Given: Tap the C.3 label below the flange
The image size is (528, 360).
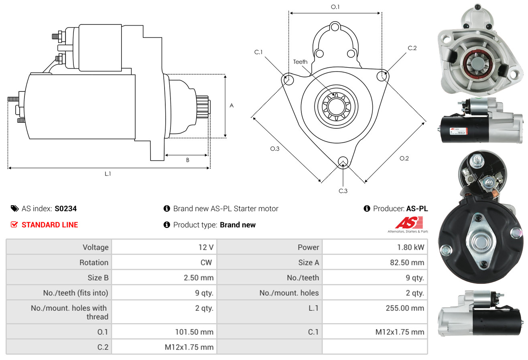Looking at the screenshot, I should click(343, 191).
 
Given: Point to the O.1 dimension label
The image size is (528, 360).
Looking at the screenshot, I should click(335, 7).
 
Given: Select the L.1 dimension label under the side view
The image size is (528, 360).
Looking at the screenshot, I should click(108, 174).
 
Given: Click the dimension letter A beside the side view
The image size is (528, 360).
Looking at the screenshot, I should click(232, 106).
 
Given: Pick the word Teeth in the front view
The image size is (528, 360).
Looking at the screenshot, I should click(300, 62).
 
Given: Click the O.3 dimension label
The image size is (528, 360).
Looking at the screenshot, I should click(274, 149).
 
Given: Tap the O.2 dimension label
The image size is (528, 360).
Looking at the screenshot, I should click(404, 158).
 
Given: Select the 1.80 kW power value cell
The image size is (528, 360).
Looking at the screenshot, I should click(410, 247).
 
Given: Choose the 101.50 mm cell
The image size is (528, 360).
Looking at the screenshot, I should click(194, 332).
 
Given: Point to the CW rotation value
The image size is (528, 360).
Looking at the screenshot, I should click(208, 263).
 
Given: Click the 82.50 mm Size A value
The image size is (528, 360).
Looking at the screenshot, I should click(408, 263).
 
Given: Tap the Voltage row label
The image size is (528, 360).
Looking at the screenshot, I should click(95, 247).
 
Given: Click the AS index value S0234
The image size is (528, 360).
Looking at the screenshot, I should click(65, 208).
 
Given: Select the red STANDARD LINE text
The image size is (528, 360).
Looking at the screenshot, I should click(50, 225).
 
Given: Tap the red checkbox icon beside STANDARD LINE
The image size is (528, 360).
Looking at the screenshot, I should click(14, 225).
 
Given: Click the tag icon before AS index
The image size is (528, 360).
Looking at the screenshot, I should click(14, 208).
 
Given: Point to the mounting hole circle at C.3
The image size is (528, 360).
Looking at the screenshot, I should click(343, 162).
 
